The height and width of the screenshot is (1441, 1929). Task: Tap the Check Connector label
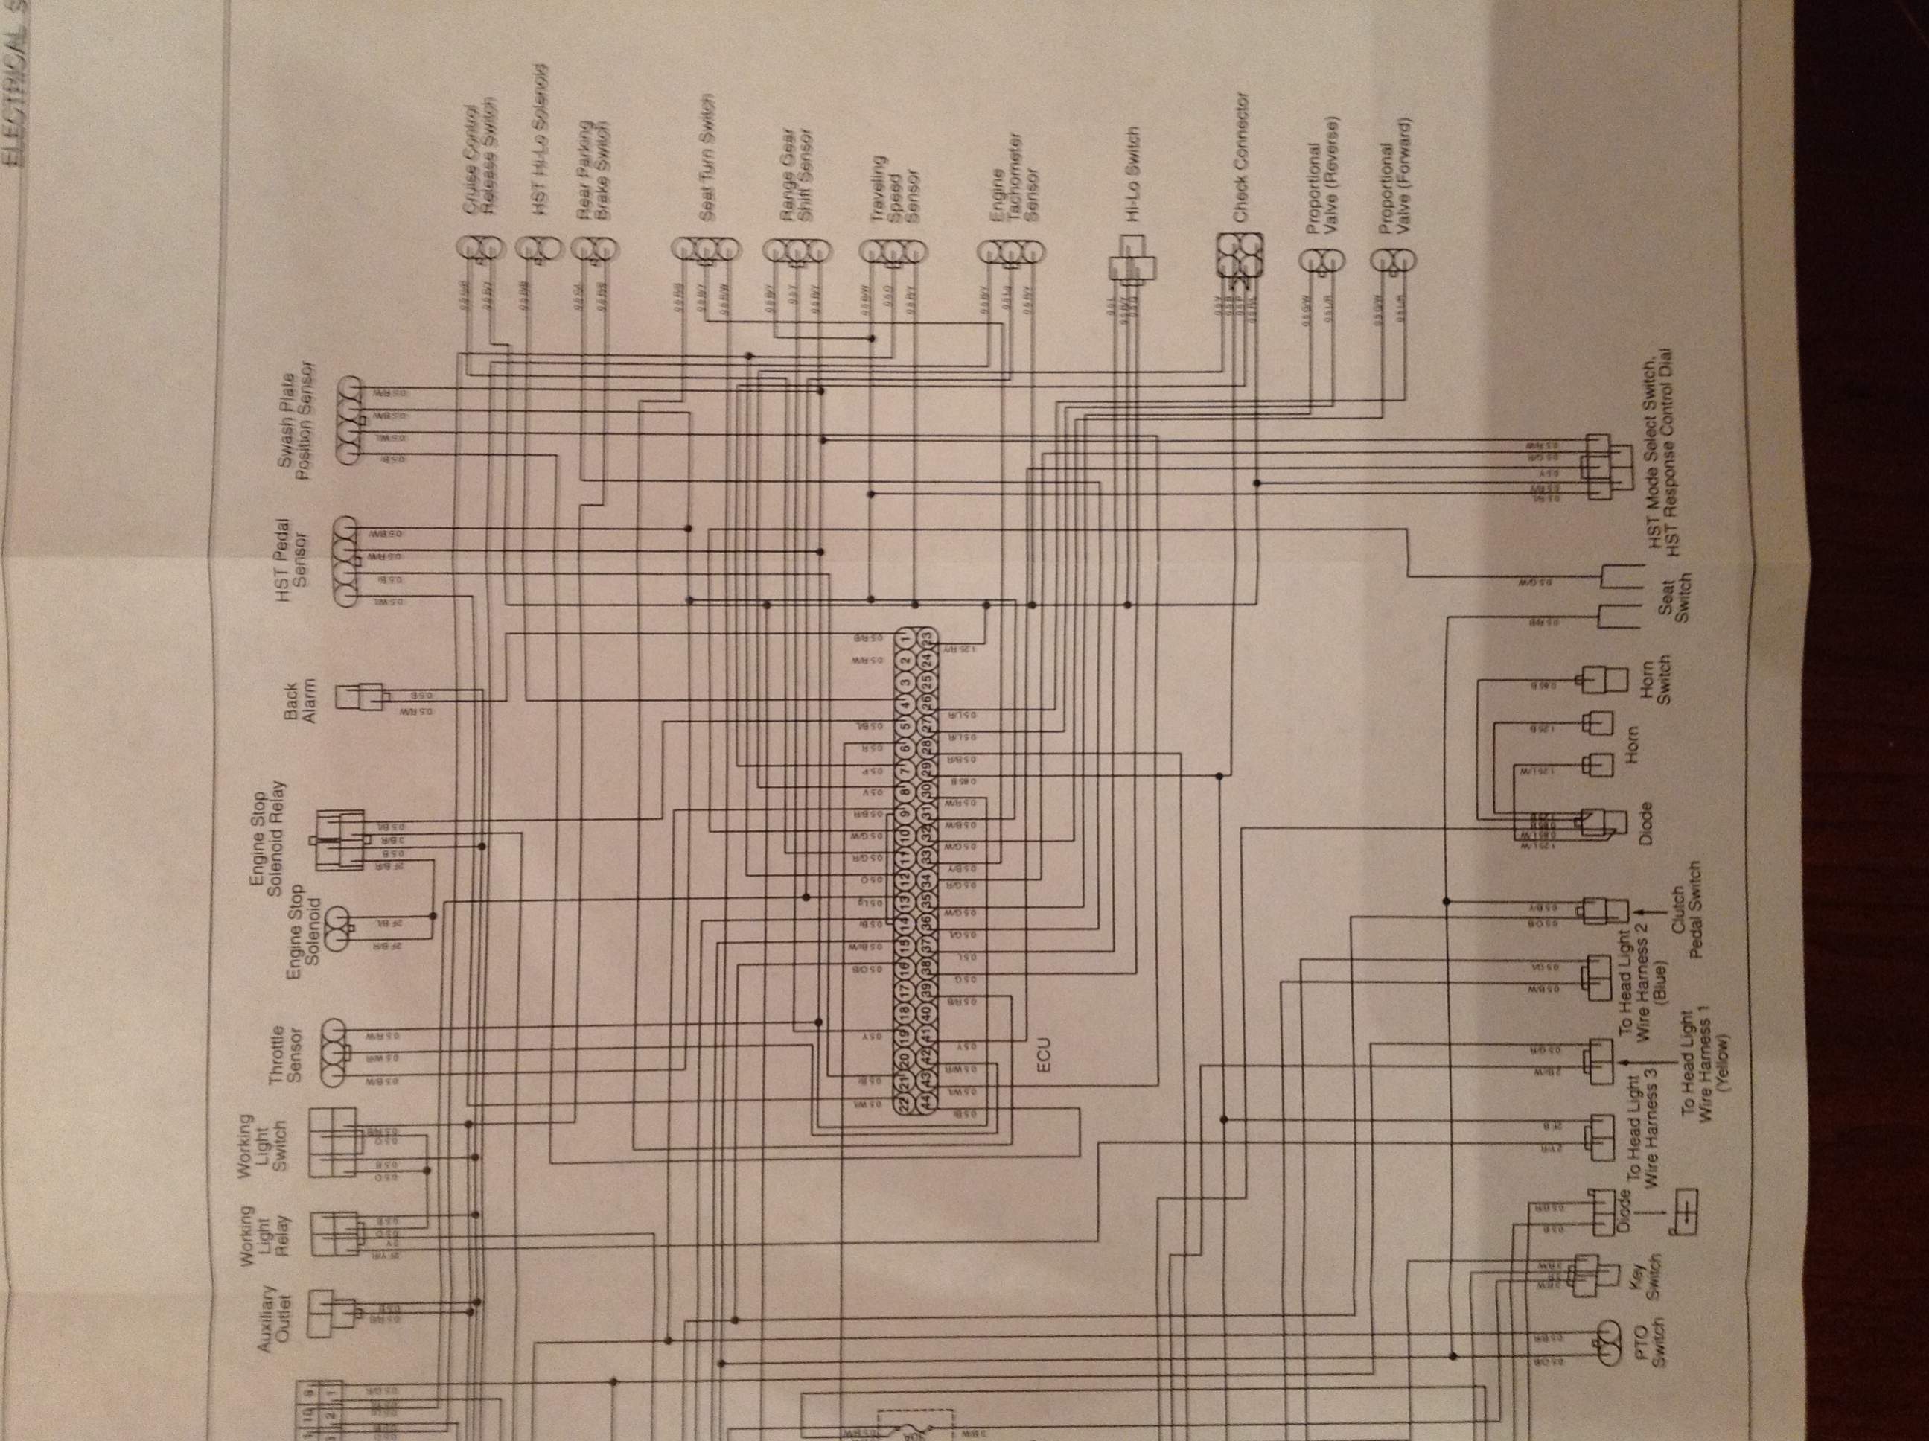1241,157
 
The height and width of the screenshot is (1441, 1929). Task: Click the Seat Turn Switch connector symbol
706,250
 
